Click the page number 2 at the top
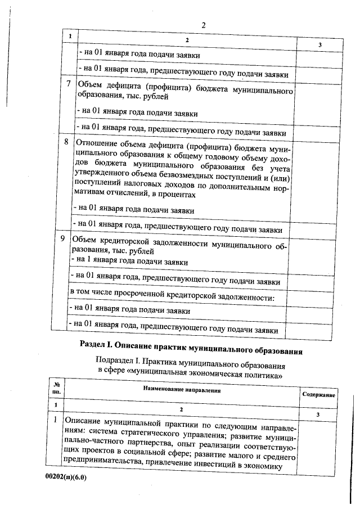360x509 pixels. [x=204, y=25]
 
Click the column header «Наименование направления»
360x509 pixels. [x=181, y=389]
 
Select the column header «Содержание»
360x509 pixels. [x=319, y=395]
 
